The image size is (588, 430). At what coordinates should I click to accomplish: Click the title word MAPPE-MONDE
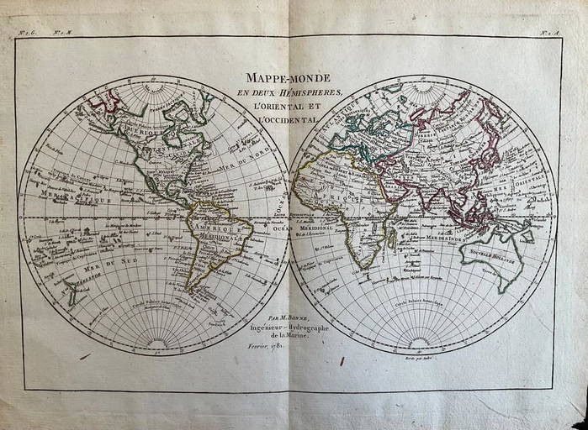click(x=289, y=78)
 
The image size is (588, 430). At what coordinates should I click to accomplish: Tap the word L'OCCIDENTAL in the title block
click(x=289, y=121)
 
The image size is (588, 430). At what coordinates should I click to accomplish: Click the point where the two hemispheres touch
click(x=289, y=215)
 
